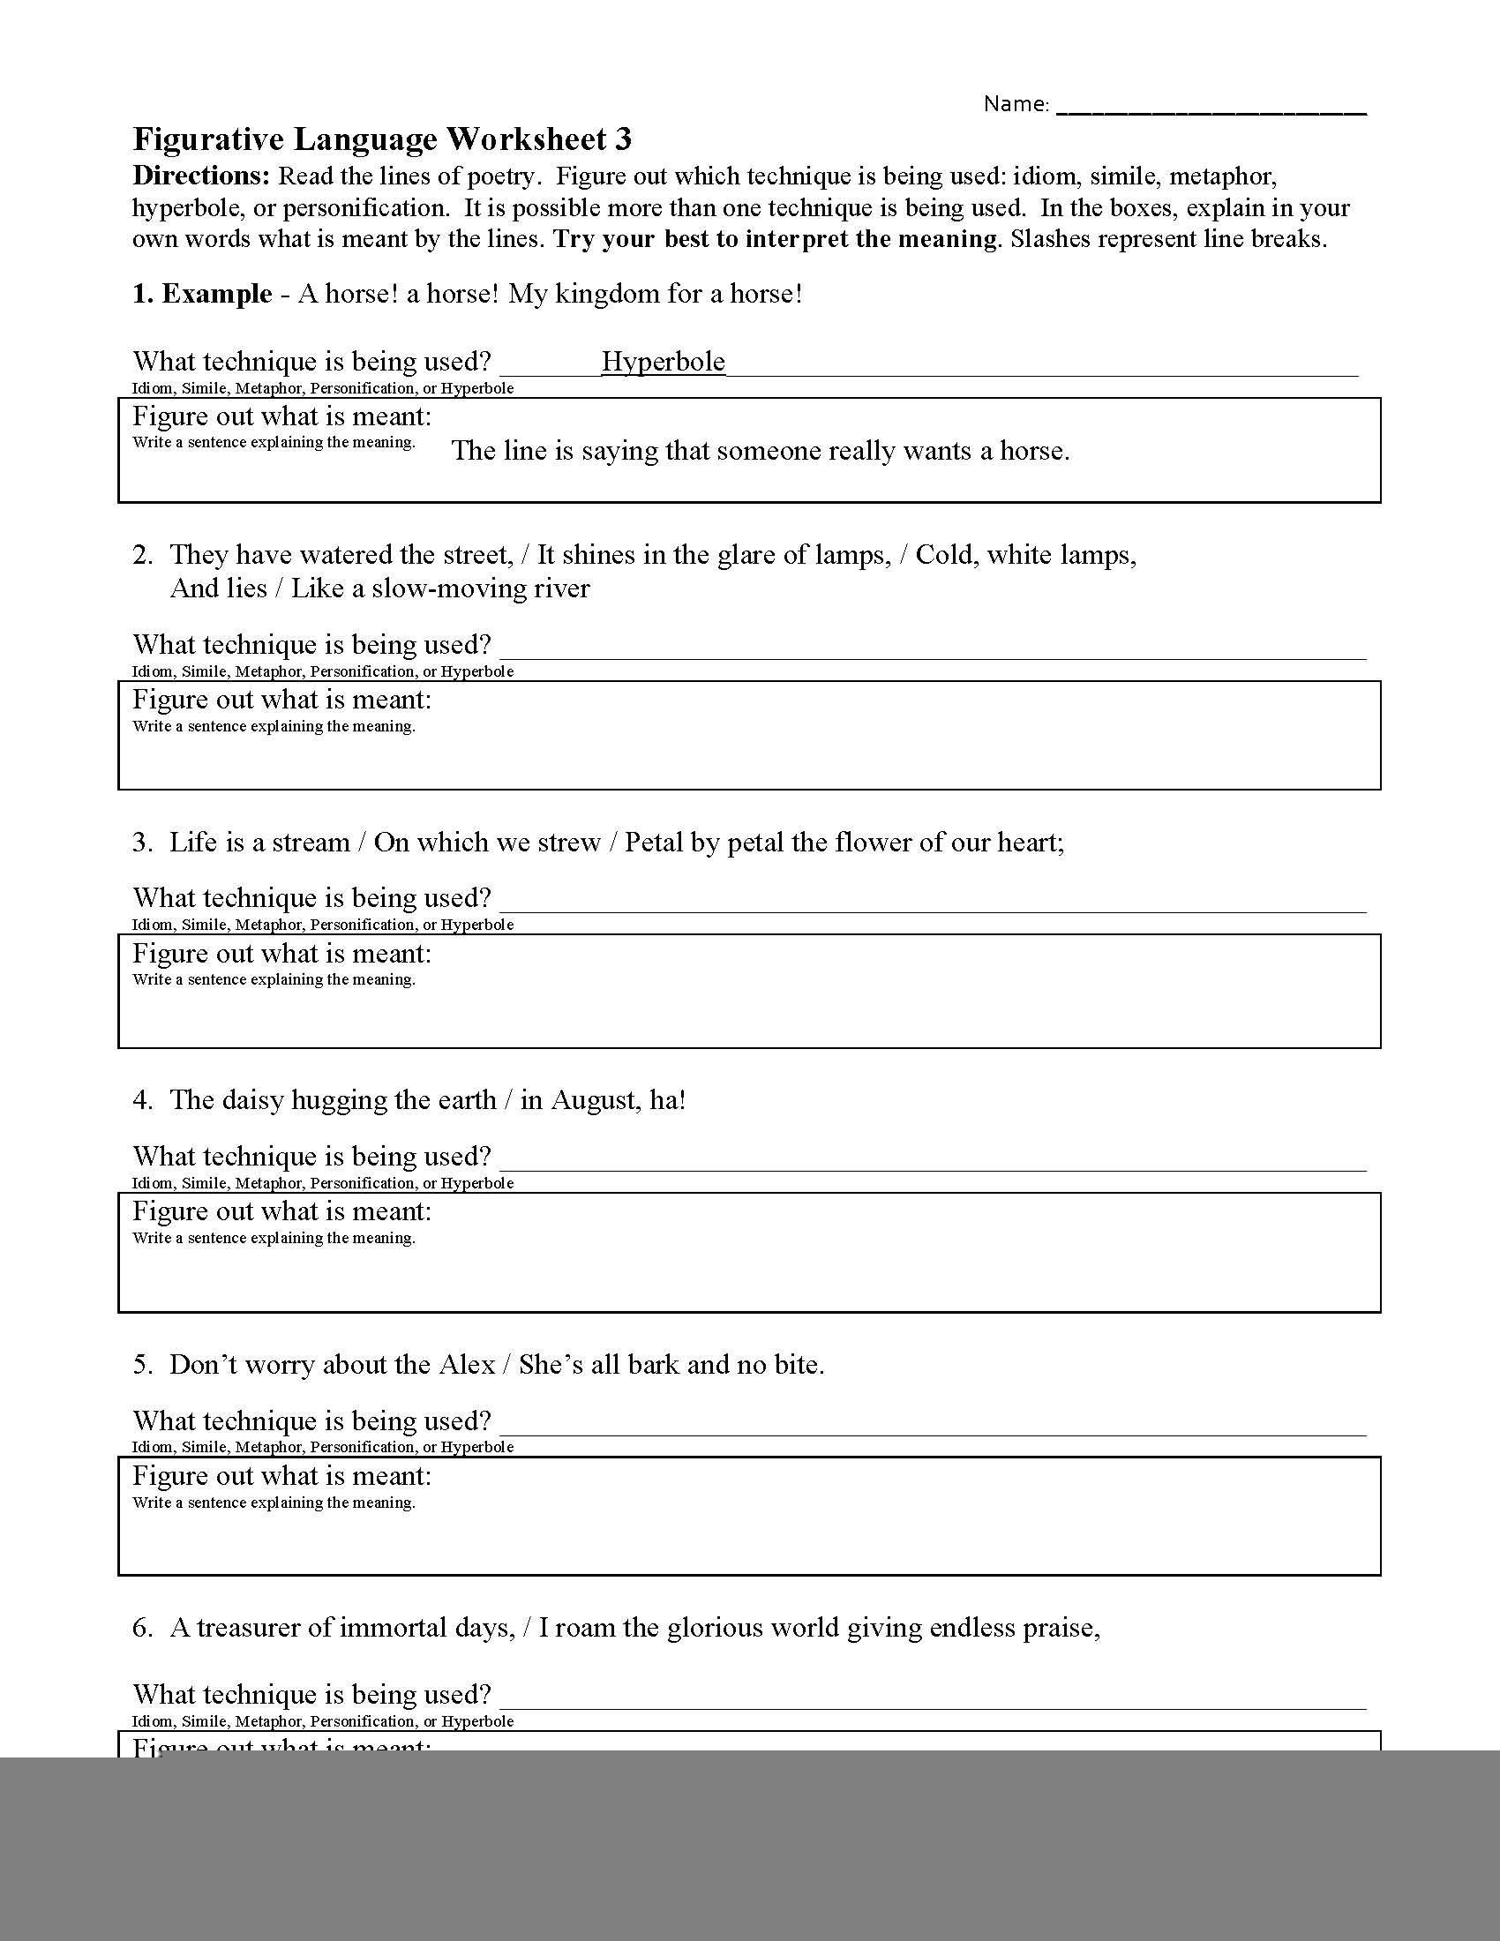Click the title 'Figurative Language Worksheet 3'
click(382, 139)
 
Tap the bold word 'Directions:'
click(201, 176)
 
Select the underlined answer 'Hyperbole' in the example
click(663, 362)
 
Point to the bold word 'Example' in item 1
click(217, 294)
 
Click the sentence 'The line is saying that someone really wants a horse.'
click(761, 452)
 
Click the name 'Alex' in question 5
click(468, 1364)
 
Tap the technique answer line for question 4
click(933, 1166)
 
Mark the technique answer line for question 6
click(933, 1704)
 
